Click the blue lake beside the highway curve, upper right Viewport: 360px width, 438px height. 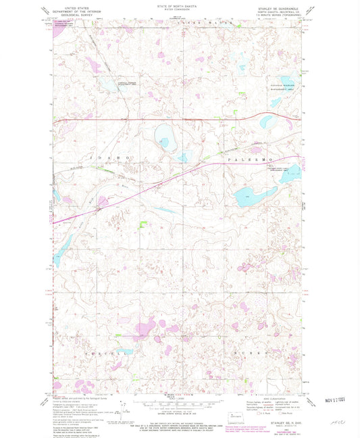click(276, 103)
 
